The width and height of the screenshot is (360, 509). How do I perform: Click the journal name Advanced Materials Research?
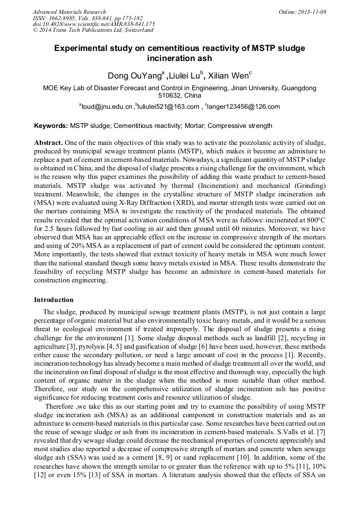coord(69,12)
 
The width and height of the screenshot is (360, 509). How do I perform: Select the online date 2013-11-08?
coord(313,12)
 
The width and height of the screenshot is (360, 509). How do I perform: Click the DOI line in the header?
coord(93,24)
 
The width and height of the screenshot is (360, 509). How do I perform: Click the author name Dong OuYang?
coord(134,75)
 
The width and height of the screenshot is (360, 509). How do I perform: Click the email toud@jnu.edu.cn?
coord(106,107)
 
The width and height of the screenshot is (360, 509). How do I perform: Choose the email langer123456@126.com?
coord(244,107)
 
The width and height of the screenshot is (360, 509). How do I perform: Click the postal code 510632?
coord(170,96)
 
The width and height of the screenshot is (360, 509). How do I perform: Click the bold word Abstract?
coord(48,143)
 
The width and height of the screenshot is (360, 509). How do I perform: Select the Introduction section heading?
coord(54,300)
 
